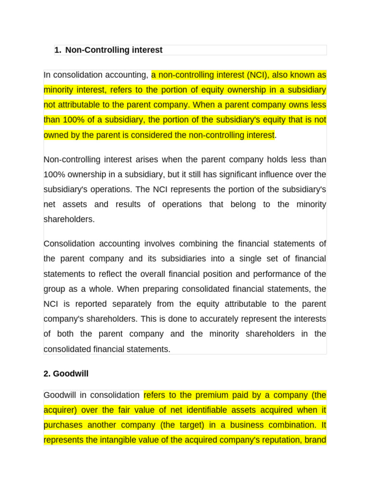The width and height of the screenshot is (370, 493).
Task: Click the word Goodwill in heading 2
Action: click(70, 373)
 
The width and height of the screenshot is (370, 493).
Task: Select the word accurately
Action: click(222, 319)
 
